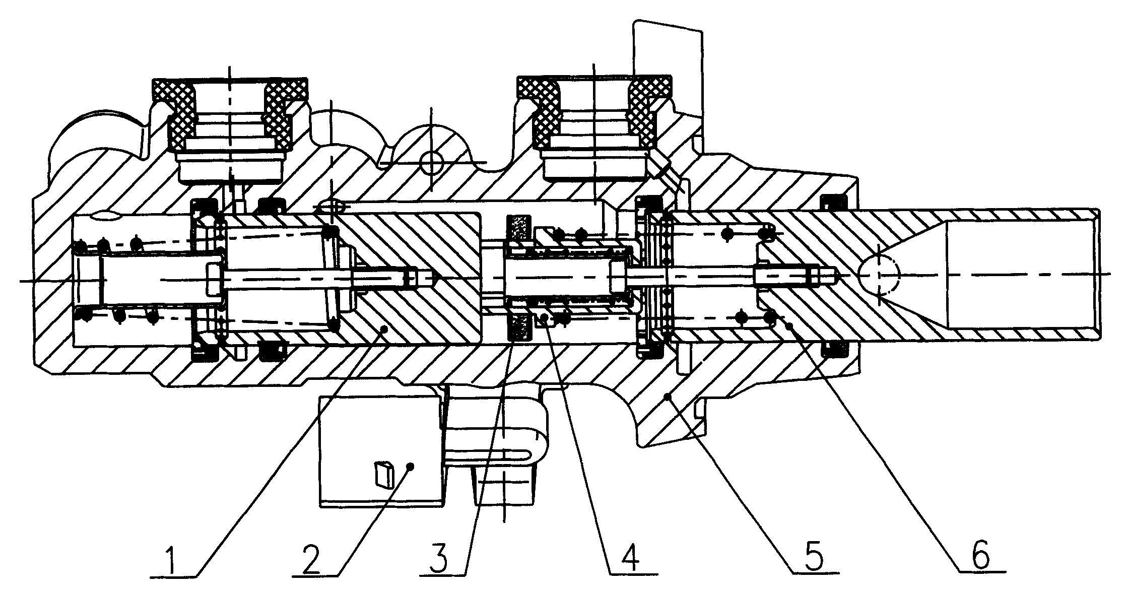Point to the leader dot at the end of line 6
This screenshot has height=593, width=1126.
[789, 326]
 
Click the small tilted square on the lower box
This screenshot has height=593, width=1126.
[384, 475]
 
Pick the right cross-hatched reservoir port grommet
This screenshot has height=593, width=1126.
[595, 112]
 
